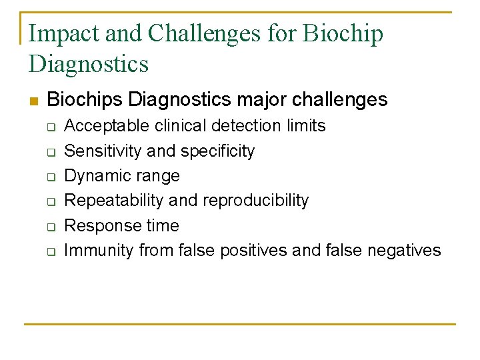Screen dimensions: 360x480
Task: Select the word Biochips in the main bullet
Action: [85, 100]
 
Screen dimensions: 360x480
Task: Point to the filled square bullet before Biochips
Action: [34, 101]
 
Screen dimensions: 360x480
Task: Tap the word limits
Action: [303, 126]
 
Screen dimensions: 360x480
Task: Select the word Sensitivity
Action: [103, 151]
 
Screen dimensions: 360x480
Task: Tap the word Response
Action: [98, 226]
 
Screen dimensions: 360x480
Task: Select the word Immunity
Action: [99, 251]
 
